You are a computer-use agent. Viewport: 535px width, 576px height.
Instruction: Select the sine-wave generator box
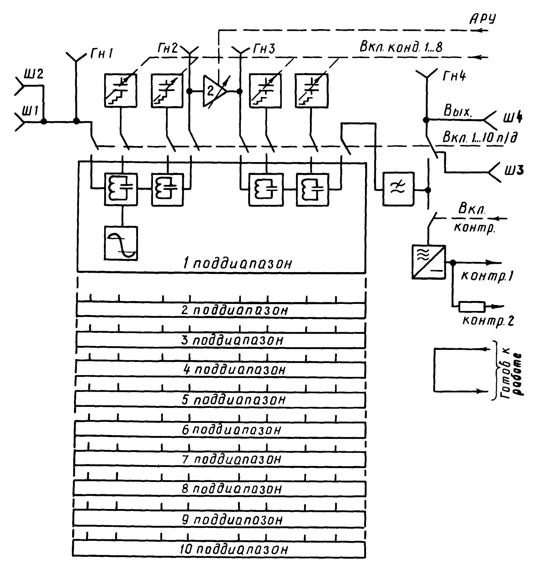[x=121, y=243]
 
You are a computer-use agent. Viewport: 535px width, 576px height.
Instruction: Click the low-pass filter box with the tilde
[x=398, y=189]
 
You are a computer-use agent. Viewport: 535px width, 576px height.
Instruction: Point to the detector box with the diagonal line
[x=429, y=262]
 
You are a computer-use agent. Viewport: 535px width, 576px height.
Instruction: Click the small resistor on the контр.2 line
[x=471, y=307]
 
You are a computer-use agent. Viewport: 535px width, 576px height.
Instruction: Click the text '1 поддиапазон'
[x=238, y=263]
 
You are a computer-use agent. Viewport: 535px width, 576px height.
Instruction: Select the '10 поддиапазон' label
[x=234, y=550]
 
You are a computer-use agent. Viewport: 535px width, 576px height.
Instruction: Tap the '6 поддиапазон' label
[x=232, y=430]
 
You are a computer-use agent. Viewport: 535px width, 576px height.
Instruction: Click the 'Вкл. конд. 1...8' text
[x=401, y=47]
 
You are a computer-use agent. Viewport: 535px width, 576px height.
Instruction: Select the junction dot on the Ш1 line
[x=44, y=122]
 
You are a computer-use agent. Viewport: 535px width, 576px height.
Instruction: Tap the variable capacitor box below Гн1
[x=121, y=90]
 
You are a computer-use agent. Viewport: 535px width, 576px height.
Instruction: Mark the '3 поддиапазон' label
[x=233, y=340]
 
